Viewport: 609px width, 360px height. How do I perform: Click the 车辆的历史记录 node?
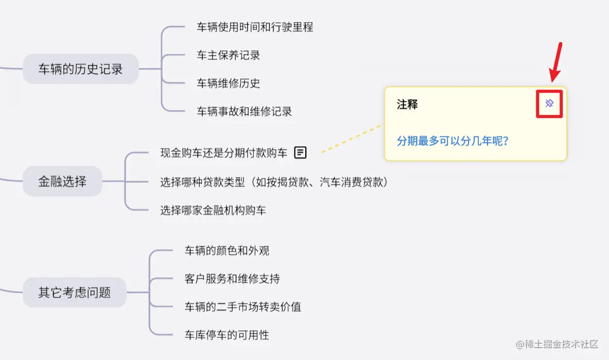click(x=81, y=68)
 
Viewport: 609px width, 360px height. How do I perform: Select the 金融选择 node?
click(x=62, y=181)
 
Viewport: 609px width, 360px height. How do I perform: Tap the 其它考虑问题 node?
click(x=75, y=293)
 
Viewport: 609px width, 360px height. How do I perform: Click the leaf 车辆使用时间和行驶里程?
click(x=255, y=27)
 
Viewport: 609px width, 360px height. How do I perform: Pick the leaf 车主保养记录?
click(x=228, y=55)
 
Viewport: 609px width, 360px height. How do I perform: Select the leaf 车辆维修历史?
click(x=228, y=83)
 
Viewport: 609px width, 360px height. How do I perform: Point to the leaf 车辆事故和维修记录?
click(x=244, y=111)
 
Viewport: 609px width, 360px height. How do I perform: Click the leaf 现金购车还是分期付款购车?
click(x=224, y=153)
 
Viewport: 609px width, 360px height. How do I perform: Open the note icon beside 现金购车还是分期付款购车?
click(x=301, y=152)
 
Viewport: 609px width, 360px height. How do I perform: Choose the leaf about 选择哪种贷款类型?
click(x=274, y=181)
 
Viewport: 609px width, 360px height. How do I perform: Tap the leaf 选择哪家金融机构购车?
click(x=213, y=210)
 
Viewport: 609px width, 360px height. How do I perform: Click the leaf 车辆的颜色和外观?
click(x=227, y=251)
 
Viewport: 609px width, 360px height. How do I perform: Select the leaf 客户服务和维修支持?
click(x=232, y=279)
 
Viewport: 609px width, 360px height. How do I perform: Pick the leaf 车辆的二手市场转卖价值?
click(x=243, y=307)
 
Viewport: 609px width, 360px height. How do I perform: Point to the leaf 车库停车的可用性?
click(x=227, y=335)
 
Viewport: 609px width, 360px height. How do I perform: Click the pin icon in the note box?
click(x=549, y=104)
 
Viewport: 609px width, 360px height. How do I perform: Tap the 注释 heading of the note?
click(x=407, y=105)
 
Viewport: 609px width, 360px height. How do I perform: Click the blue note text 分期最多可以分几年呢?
click(x=453, y=141)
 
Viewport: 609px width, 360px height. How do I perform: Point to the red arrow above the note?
click(x=556, y=62)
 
